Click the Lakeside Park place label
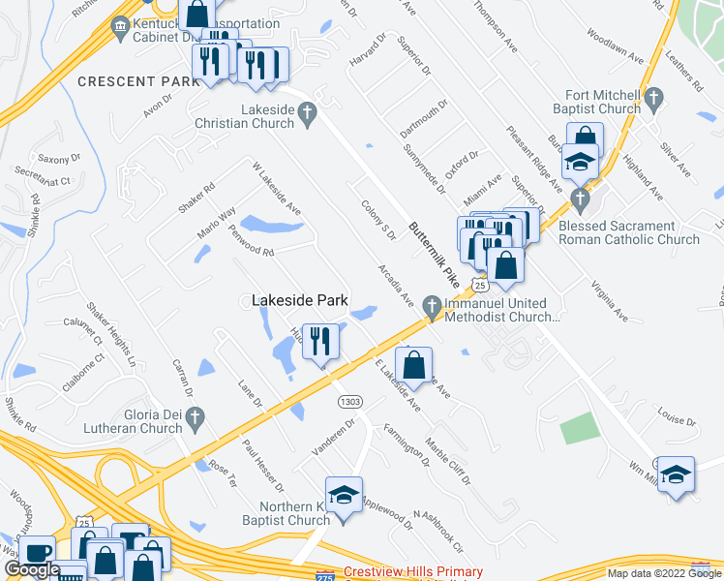pos(300,301)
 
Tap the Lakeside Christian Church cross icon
pos(307,116)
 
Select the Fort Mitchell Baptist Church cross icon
pos(653,97)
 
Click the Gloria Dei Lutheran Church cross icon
pos(196,419)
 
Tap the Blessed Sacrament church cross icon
pos(580,201)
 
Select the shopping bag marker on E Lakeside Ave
pos(413,365)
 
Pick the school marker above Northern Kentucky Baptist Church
pos(343,496)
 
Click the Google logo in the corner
pos(32,569)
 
